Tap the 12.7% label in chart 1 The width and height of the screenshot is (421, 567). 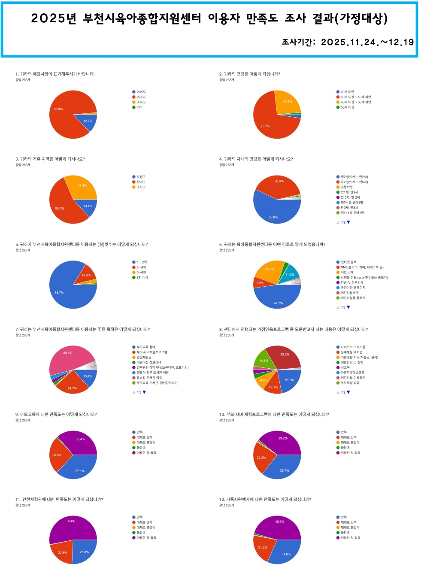click(88, 121)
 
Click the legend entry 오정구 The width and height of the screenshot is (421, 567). click(141, 177)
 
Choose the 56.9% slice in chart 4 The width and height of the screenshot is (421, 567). click(275, 212)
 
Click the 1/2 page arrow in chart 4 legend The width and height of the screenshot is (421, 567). click(348, 222)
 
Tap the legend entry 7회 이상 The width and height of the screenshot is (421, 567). click(142, 277)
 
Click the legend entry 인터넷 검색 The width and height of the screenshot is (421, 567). click(348, 262)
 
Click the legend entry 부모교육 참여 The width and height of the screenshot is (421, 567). click(146, 347)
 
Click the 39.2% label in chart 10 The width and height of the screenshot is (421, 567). click(283, 438)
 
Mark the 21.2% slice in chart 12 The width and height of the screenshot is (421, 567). click(263, 547)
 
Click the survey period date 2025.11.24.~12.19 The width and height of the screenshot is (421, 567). click(367, 42)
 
